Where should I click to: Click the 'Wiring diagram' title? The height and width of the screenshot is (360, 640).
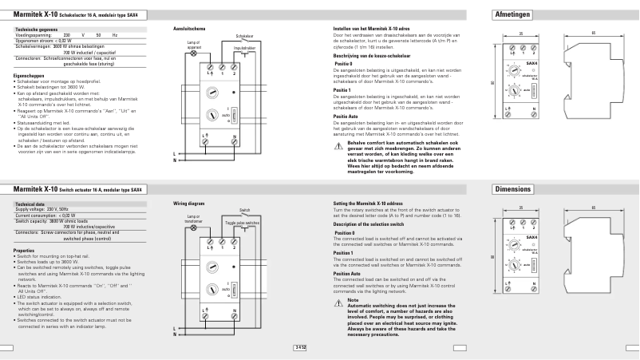tap(188, 204)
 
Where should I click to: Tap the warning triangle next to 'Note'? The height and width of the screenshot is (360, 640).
tap(338, 301)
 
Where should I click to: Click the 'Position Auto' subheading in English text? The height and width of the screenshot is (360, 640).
tap(348, 273)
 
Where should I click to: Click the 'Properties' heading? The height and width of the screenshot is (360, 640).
tap(24, 250)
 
